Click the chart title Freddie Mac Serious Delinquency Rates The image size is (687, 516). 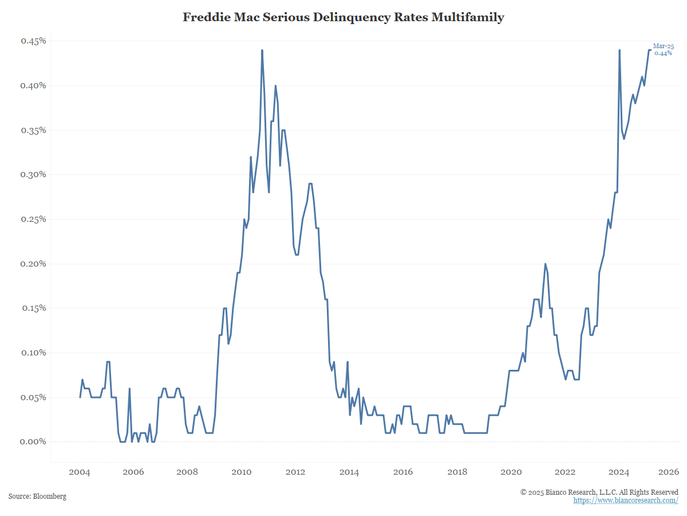click(343, 17)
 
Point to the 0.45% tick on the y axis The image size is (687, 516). click(33, 41)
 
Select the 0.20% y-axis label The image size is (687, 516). click(33, 264)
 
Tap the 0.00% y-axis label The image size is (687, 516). click(33, 441)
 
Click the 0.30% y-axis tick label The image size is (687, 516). click(33, 175)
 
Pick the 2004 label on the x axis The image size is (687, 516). click(80, 472)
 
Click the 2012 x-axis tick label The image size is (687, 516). click(295, 472)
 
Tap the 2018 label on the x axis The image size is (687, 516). click(457, 472)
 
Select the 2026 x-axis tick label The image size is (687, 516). click(668, 472)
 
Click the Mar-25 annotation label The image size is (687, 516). click(664, 46)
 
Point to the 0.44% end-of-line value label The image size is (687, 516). click(663, 53)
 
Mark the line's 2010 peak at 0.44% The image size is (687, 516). click(262, 50)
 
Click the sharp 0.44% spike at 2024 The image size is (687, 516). click(619, 50)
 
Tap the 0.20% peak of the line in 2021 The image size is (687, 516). click(545, 264)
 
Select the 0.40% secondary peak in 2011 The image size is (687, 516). click(275, 86)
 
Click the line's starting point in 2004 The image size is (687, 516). click(80, 397)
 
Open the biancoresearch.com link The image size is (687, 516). click(626, 501)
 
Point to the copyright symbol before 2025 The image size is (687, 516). click(523, 492)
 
